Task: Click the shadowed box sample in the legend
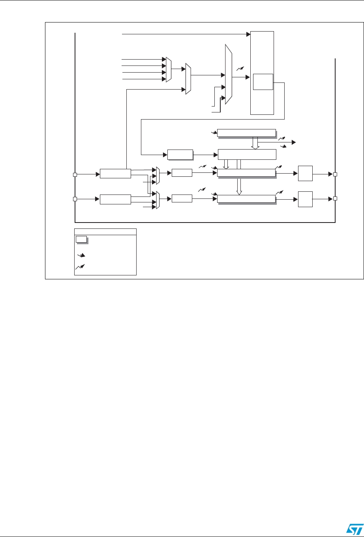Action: [81, 239]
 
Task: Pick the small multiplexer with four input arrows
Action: [169, 69]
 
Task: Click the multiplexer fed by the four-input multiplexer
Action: [188, 79]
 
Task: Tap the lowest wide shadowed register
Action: [246, 198]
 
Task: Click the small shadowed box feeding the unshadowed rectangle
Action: [180, 155]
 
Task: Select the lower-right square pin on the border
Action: [335, 199]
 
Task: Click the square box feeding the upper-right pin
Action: [305, 174]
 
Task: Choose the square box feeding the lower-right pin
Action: [305, 199]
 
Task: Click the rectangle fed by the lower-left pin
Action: [115, 199]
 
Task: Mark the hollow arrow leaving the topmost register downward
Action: [255, 143]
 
